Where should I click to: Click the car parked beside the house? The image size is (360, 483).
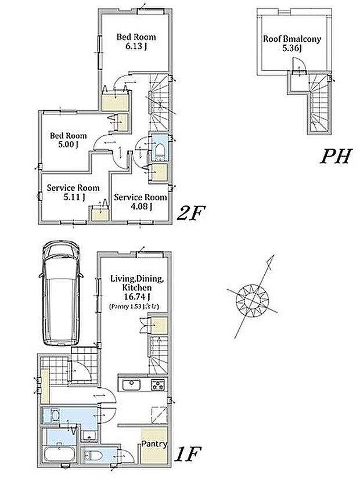61,294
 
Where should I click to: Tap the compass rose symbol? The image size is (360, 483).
253,299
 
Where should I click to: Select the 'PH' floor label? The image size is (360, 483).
336,157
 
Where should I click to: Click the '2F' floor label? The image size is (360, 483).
191,213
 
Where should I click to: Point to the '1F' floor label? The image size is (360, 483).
188,454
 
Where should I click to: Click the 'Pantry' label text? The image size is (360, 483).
154,444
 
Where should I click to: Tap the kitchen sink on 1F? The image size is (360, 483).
132,384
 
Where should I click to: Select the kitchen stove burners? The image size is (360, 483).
158,385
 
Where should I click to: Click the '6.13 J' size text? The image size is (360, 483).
136,47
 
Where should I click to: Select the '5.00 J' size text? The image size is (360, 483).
68,144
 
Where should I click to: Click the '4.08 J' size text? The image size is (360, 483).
141,206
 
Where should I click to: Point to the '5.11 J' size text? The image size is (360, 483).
74,197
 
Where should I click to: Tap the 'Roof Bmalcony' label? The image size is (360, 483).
292,39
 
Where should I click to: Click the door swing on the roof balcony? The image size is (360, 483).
298,66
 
